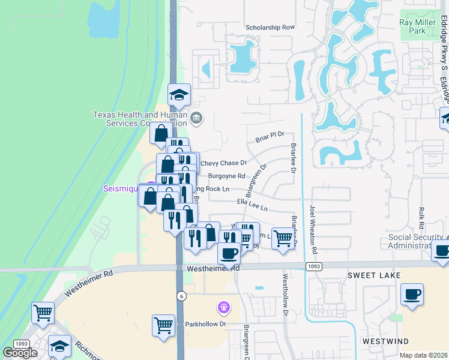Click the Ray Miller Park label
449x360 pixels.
click(x=417, y=26)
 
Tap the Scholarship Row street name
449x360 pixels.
click(x=271, y=28)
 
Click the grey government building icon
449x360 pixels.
click(x=197, y=118)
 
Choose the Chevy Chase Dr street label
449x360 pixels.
click(x=224, y=163)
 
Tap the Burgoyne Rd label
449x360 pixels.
click(x=227, y=176)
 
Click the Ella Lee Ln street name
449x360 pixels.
click(x=252, y=205)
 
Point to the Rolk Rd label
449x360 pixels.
click(x=422, y=217)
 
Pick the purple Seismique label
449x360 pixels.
click(x=121, y=188)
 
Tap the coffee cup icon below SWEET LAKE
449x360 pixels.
click(x=412, y=295)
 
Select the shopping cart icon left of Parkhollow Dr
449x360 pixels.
click(x=163, y=325)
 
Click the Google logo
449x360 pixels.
click(x=20, y=353)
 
